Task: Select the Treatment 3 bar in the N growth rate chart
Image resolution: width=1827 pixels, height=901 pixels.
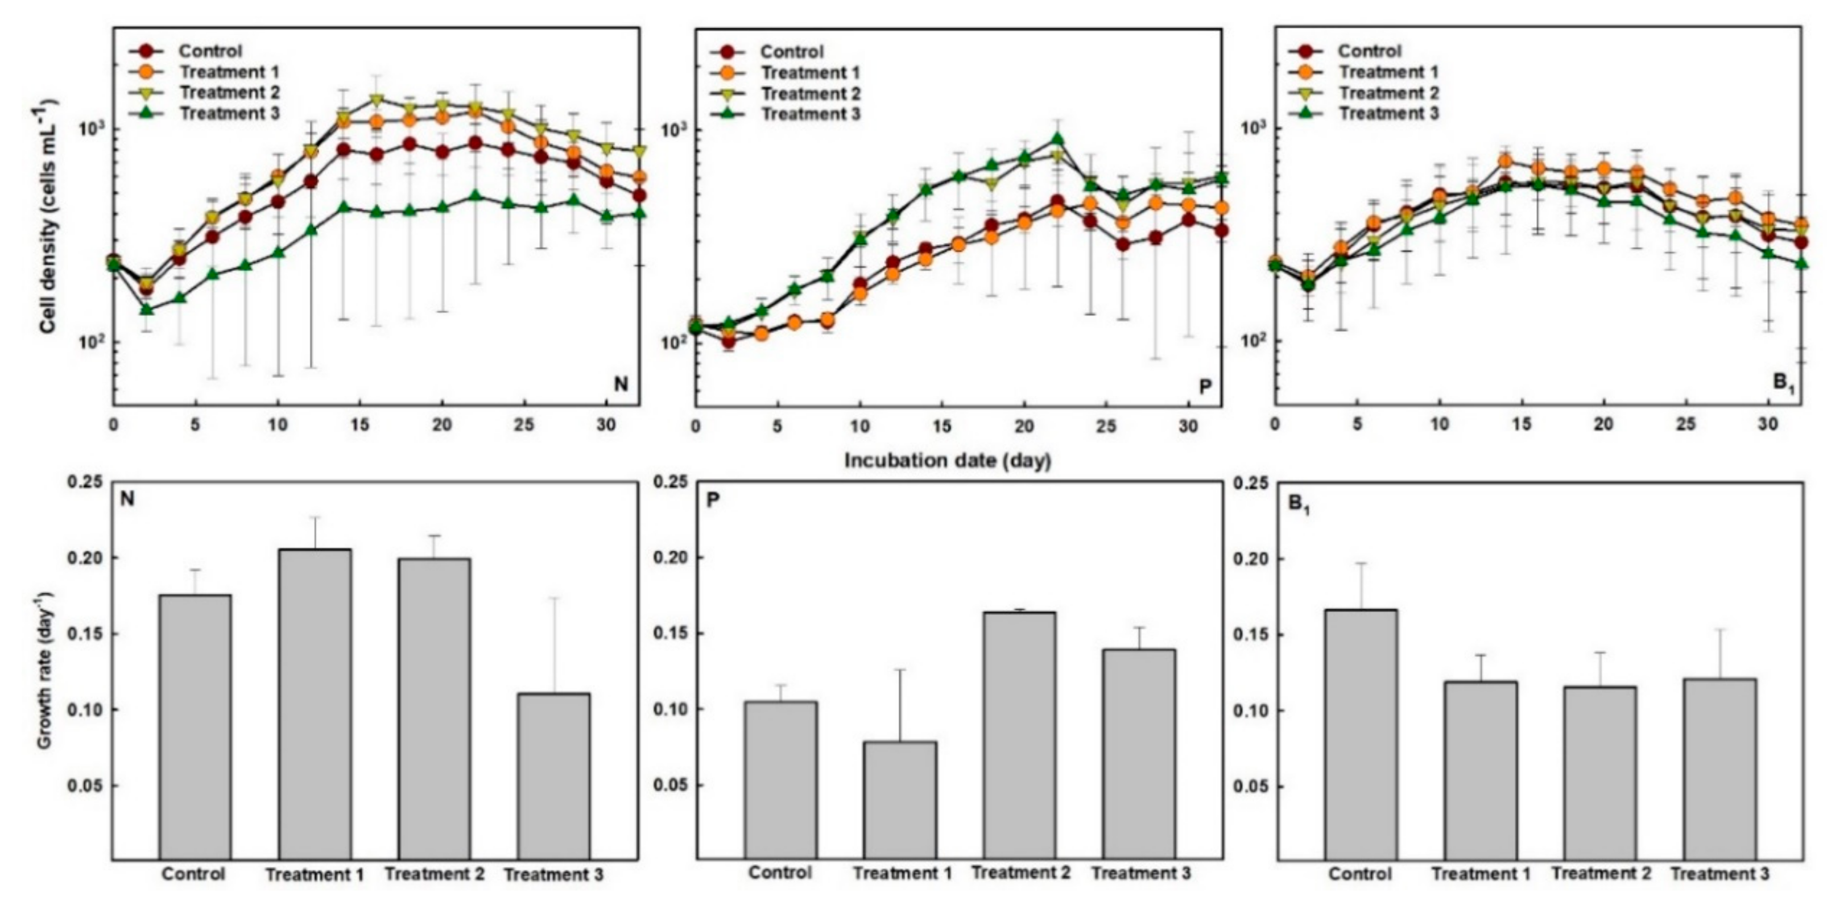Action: (x=553, y=777)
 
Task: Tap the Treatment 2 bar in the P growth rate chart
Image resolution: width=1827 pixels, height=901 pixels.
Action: (x=1020, y=737)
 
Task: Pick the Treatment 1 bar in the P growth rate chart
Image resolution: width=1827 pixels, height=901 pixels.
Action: (x=900, y=801)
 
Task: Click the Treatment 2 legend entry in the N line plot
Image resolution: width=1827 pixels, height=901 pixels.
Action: (x=206, y=92)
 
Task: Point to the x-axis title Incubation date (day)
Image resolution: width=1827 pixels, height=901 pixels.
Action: (x=948, y=461)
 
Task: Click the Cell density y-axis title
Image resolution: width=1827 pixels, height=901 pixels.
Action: (x=48, y=216)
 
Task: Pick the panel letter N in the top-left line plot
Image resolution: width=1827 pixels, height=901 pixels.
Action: (x=621, y=385)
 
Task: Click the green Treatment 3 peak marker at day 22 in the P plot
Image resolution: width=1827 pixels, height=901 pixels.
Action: (x=1057, y=139)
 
